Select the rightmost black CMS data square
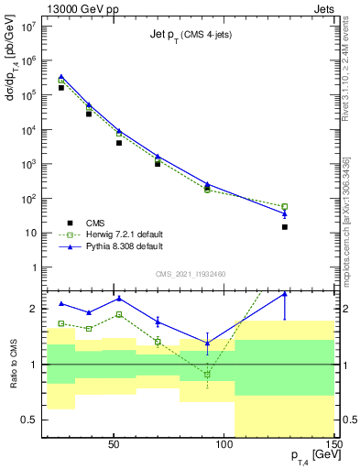click(x=285, y=226)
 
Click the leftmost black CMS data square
click(x=61, y=88)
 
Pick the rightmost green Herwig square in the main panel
click(x=285, y=207)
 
